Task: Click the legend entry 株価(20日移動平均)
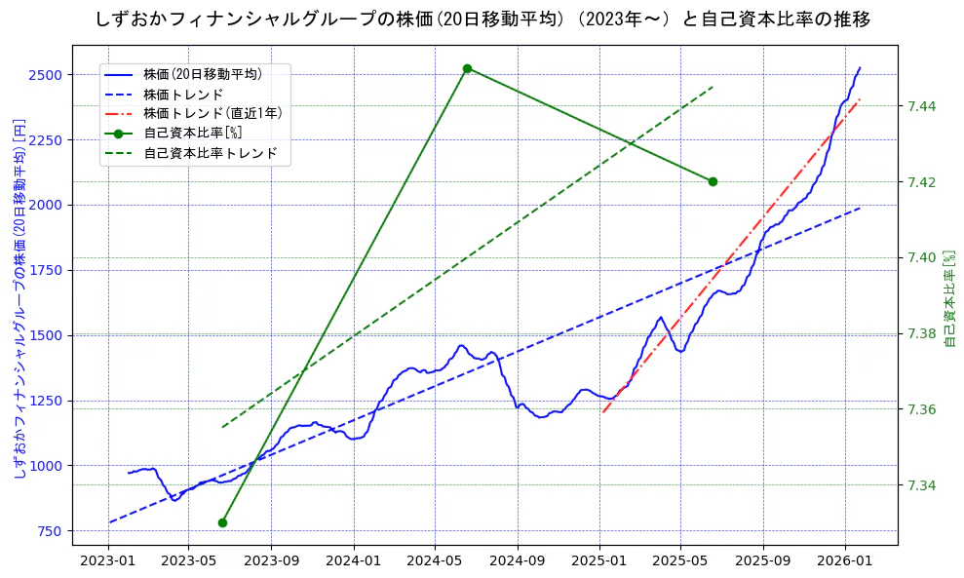(x=202, y=74)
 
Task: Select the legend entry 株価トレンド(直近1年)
(x=212, y=113)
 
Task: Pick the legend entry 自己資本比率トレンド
(x=211, y=153)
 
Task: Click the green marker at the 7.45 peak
(x=467, y=68)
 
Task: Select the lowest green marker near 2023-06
(x=222, y=522)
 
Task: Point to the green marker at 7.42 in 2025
(x=713, y=181)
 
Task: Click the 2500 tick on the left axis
(x=47, y=75)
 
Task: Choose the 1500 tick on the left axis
(x=47, y=335)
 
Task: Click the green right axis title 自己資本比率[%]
(x=950, y=297)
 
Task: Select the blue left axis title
(x=19, y=297)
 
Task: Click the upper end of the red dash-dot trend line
(x=859, y=99)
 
